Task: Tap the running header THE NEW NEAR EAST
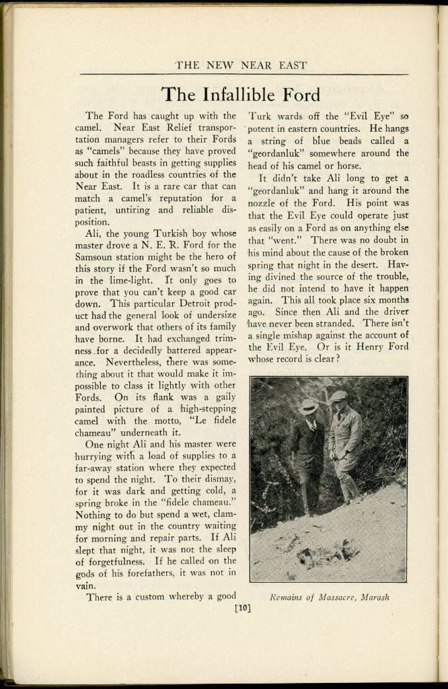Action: (241, 65)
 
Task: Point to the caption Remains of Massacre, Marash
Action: (329, 596)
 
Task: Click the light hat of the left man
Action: (309, 406)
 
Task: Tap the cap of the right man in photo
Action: (339, 396)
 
